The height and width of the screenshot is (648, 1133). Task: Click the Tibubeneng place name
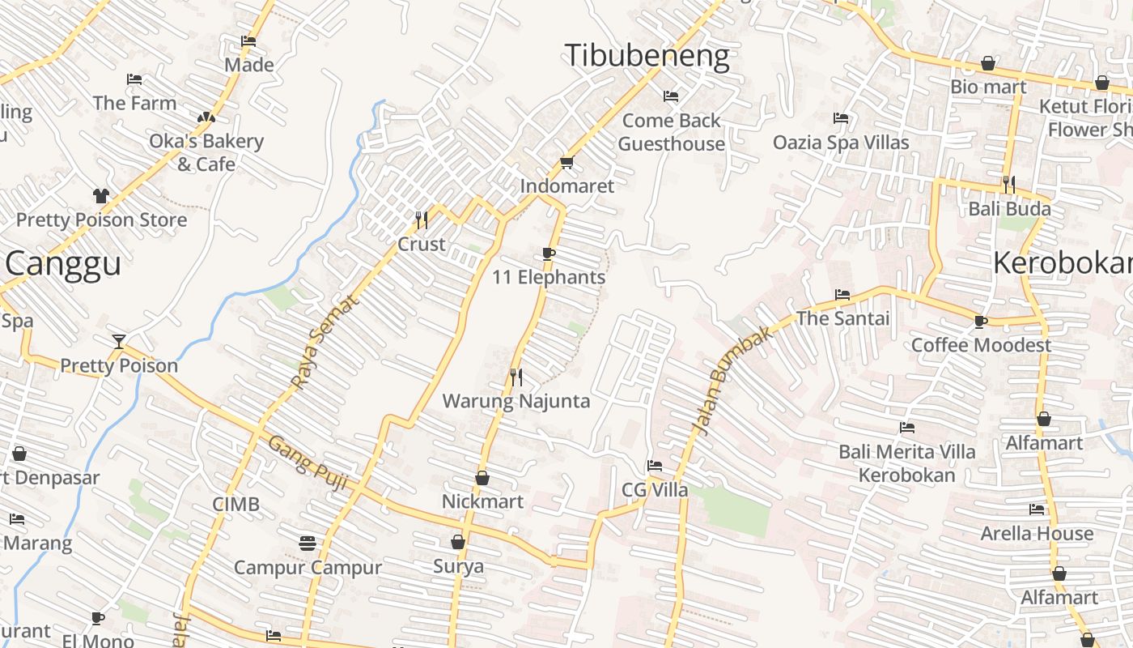pos(647,56)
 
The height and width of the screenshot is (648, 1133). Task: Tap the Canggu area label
pos(63,264)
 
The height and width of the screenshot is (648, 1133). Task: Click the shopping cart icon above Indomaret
pos(566,163)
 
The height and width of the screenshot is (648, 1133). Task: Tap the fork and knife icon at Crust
pos(421,220)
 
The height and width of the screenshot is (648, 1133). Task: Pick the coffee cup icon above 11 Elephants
pos(549,254)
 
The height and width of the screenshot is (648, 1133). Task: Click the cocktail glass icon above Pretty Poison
pos(119,341)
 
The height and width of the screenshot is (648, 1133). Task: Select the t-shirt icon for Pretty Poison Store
pos(101,196)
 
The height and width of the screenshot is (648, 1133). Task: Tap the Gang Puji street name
pos(308,463)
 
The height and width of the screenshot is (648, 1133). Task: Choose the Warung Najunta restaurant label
pos(516,401)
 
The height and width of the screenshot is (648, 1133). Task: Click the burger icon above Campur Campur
pos(307,543)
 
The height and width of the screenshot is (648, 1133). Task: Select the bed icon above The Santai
pos(842,295)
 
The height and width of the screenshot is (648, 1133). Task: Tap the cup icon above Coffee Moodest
pos(981,322)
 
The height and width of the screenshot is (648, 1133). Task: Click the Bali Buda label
pos(1009,209)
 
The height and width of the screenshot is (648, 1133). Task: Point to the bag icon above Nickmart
pos(482,478)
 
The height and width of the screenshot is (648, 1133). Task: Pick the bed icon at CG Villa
pos(655,466)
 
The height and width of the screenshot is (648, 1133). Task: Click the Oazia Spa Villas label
pos(841,143)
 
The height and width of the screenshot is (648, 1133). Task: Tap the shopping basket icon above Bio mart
pos(988,63)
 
